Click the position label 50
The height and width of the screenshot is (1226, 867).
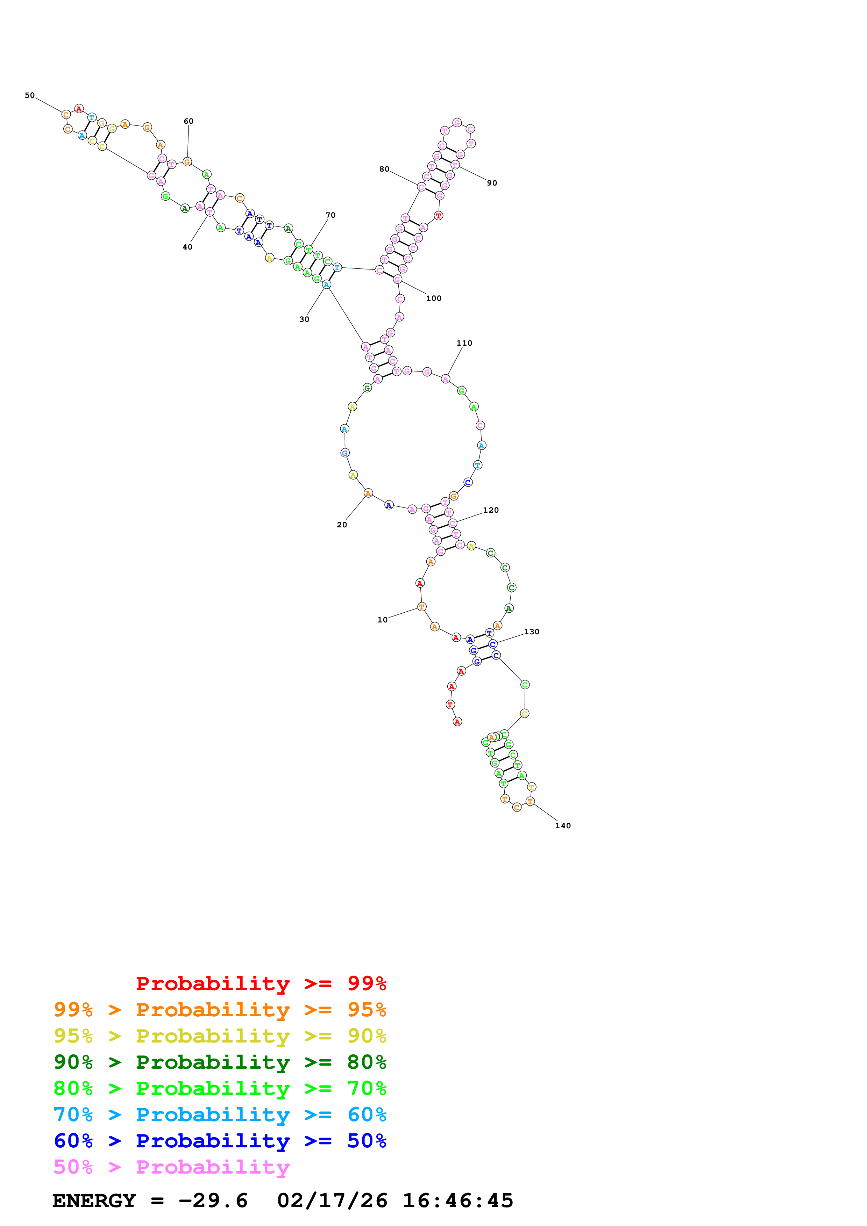[29, 95]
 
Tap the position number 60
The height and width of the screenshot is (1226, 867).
[189, 121]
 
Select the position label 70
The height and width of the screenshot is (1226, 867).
[331, 215]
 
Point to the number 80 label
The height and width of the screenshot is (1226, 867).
[384, 169]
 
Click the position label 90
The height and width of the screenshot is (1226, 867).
[492, 183]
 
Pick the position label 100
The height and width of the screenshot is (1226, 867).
[434, 298]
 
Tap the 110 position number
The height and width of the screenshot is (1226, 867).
[464, 343]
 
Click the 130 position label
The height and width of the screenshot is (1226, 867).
[532, 632]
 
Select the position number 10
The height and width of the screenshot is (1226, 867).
[383, 620]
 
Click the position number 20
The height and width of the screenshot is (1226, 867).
[342, 525]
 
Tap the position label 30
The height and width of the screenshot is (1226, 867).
[304, 319]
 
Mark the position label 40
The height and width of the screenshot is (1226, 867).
[187, 247]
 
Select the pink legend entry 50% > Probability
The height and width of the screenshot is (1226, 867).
[171, 1167]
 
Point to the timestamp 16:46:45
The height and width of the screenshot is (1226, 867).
[458, 1201]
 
